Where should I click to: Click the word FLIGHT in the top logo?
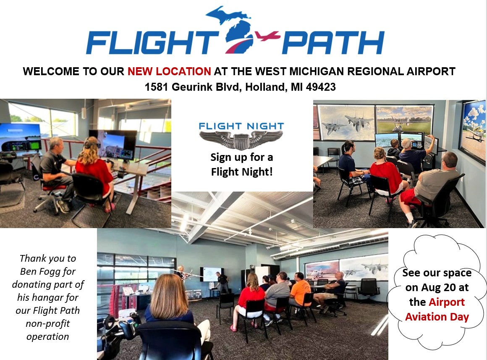152,42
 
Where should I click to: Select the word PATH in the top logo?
333,42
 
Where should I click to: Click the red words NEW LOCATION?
169,71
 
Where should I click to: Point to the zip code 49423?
321,87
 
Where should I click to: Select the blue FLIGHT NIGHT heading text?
241,126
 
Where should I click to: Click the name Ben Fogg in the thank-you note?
47,271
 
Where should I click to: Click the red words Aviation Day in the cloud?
437,317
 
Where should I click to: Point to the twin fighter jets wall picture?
347,123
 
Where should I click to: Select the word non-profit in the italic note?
48,323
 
